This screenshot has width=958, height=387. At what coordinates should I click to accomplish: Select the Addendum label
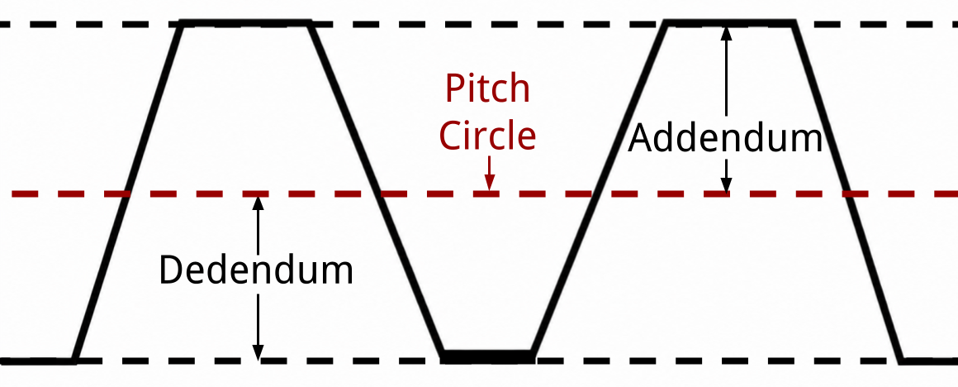click(x=725, y=138)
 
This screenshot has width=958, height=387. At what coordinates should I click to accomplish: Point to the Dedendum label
click(x=256, y=270)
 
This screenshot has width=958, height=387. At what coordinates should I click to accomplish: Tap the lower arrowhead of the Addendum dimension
click(x=726, y=185)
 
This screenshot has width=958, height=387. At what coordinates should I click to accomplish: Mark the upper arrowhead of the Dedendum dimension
click(x=258, y=203)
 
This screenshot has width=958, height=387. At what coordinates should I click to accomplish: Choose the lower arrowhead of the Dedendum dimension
click(x=258, y=352)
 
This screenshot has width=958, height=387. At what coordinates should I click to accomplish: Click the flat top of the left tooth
click(x=244, y=23)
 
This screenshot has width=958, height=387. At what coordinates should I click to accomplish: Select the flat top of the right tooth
click(x=729, y=23)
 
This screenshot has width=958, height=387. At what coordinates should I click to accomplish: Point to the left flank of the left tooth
click(x=127, y=192)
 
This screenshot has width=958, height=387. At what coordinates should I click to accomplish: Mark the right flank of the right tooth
click(x=847, y=192)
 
